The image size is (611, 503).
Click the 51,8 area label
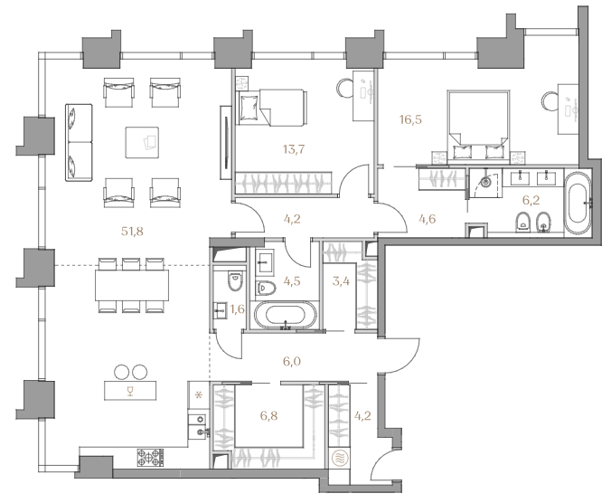tap(132, 232)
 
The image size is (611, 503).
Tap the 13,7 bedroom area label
tap(294, 149)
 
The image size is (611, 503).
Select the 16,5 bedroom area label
tap(410, 119)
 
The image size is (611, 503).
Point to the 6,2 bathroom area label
tap(531, 201)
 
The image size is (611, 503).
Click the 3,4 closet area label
tap(341, 280)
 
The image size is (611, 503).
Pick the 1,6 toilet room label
tap(238, 309)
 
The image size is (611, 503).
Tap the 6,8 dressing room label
tap(268, 416)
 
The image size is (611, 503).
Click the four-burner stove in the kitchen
tap(150, 458)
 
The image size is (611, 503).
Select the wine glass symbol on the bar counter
tap(130, 391)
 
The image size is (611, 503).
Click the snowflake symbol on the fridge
tap(199, 395)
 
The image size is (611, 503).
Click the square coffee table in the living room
tap(142, 142)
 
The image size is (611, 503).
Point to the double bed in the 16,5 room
tap(478, 125)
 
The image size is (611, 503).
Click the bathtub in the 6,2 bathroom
tap(578, 201)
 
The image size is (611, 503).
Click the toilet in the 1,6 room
tap(235, 281)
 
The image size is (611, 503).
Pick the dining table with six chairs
tap(132, 285)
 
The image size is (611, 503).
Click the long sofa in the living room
tap(80, 142)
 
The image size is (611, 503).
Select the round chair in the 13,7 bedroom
tap(345, 88)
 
